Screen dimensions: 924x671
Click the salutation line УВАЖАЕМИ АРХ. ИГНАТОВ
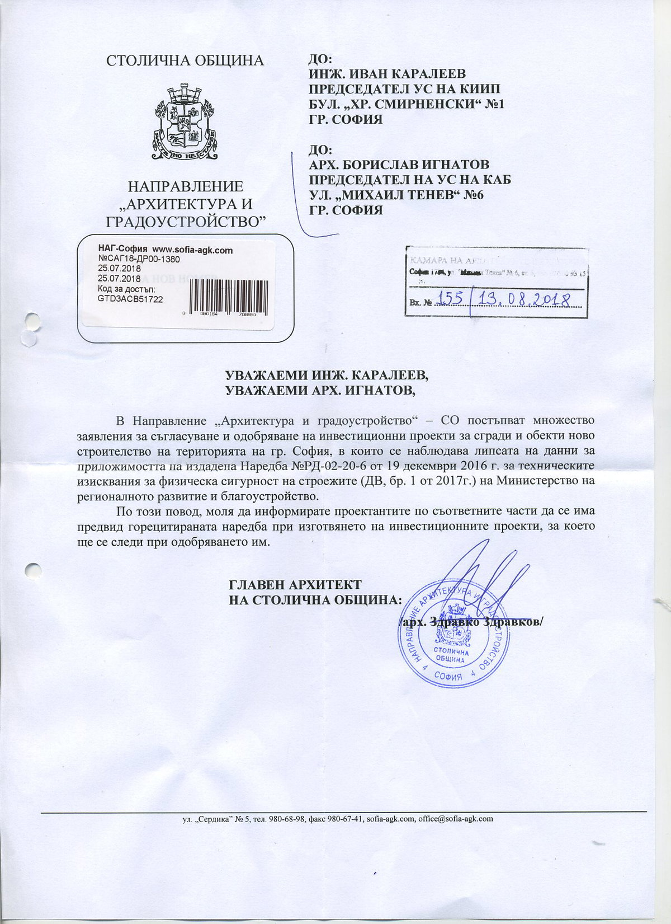coord(320,390)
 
